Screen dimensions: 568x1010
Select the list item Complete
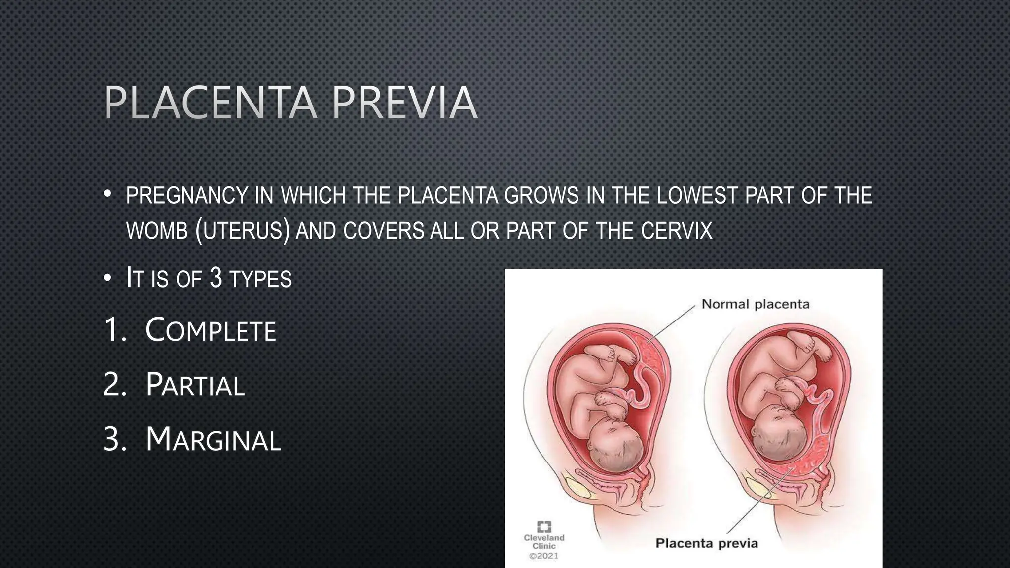point(211,330)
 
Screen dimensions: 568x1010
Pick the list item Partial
point(195,385)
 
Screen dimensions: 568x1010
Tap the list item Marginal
point(213,439)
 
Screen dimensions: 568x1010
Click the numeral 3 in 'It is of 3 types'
point(216,278)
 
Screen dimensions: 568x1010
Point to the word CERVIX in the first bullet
point(677,231)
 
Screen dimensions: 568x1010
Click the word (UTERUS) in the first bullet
point(242,231)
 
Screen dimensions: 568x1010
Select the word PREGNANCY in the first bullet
point(187,196)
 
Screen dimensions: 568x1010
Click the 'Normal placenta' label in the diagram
point(756,304)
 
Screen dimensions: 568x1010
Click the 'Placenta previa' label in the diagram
point(706,543)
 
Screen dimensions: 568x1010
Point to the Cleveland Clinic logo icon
point(544,526)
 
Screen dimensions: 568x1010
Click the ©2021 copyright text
point(543,556)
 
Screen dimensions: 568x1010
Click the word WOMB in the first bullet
point(157,231)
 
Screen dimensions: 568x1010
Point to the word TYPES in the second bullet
point(260,279)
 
